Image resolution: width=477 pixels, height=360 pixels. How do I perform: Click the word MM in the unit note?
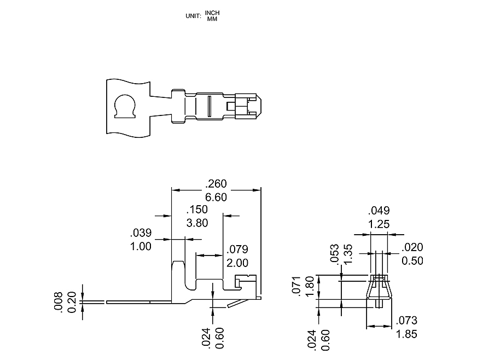tap(212, 19)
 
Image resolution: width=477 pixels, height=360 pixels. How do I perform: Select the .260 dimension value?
tap(216, 184)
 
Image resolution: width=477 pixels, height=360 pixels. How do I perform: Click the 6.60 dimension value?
tap(216, 197)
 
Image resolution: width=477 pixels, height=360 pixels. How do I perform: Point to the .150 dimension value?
tap(197, 210)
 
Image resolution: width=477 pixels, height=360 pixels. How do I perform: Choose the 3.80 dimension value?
tap(197, 223)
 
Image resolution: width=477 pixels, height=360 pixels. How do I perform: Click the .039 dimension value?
tap(141, 233)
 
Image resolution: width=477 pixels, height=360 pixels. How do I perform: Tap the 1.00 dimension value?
tap(141, 246)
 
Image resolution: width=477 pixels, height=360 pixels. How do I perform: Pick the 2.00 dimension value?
tap(237, 263)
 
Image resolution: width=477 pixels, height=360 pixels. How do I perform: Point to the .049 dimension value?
tap(379, 211)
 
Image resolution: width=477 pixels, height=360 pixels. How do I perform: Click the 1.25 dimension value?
tap(379, 224)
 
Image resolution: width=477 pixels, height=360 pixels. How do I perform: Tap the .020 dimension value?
tap(412, 247)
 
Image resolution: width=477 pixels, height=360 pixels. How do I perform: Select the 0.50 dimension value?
tap(412, 260)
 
